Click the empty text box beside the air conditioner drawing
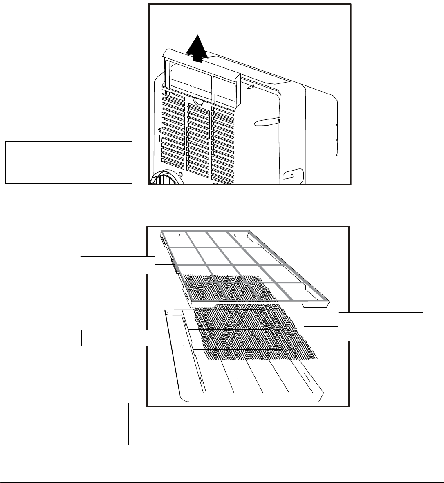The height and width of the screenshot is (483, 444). click(x=69, y=162)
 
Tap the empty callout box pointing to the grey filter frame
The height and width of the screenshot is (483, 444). click(x=118, y=265)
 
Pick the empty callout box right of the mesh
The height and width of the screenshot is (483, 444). click(x=381, y=326)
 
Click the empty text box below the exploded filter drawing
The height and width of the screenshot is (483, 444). click(x=65, y=424)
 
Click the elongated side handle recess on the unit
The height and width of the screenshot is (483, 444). click(x=266, y=121)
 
